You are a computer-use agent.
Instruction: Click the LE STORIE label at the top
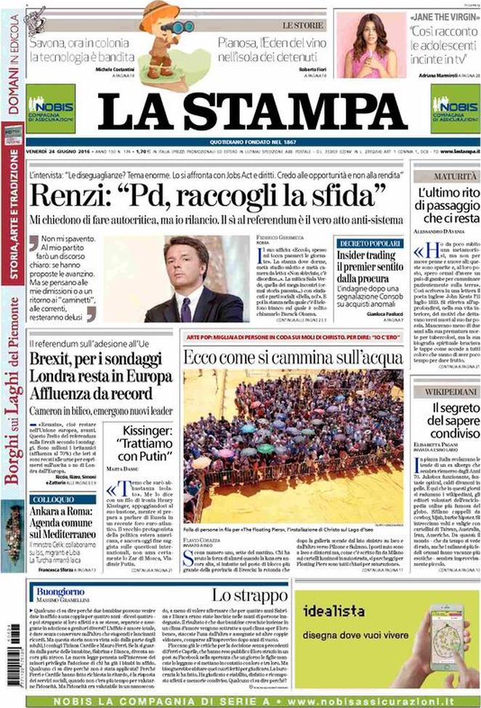click(x=301, y=25)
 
